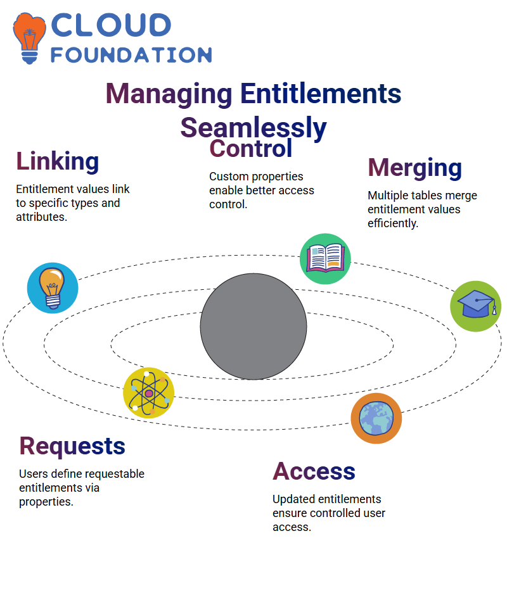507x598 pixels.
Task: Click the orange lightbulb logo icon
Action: click(x=29, y=38)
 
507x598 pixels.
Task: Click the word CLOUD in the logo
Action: click(x=111, y=25)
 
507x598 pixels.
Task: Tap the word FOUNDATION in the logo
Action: click(x=131, y=55)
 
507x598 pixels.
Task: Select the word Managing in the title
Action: click(x=169, y=94)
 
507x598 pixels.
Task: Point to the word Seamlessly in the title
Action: click(x=253, y=128)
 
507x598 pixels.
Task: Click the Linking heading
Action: click(x=57, y=161)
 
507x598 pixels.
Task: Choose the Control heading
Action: click(x=250, y=148)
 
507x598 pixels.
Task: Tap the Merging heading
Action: click(x=415, y=168)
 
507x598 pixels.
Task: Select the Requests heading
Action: click(x=72, y=446)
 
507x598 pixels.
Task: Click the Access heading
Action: click(x=314, y=471)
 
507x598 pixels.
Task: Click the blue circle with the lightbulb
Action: click(x=53, y=288)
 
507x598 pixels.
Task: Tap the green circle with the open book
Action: click(x=325, y=259)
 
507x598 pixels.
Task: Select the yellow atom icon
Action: click(x=149, y=393)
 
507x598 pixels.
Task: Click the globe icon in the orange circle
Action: click(x=376, y=418)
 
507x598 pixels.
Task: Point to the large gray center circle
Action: click(x=253, y=327)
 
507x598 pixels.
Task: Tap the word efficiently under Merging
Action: click(x=393, y=223)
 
